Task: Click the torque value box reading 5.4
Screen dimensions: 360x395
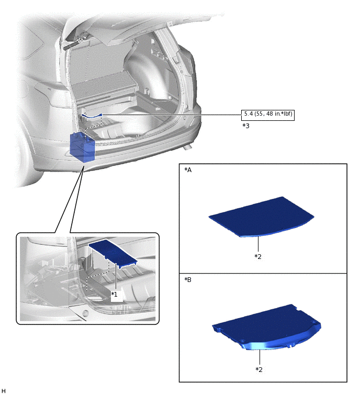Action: point(267,115)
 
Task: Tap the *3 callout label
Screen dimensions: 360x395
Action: point(245,126)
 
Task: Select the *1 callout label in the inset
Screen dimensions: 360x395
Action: point(115,294)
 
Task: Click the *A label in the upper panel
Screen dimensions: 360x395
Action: point(188,170)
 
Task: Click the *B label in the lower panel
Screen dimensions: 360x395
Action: point(188,279)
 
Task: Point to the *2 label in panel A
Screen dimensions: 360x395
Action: point(258,256)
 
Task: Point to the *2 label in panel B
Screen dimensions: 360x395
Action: point(259,369)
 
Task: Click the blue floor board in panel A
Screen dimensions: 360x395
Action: point(262,217)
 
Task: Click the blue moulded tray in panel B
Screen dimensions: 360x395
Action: point(266,327)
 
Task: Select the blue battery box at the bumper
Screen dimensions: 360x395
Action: point(82,147)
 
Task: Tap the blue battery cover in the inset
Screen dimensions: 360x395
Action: point(113,253)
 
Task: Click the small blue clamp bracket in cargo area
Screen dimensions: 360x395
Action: point(92,116)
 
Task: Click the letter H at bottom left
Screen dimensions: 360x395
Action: point(3,391)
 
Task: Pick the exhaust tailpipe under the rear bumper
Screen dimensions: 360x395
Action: point(187,148)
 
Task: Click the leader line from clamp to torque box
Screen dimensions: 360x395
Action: point(172,115)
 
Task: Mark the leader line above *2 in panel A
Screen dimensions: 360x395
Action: point(258,244)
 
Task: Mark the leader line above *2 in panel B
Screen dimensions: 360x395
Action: point(260,357)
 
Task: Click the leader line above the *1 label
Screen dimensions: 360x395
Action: point(116,277)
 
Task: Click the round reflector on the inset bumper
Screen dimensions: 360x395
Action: point(86,313)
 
